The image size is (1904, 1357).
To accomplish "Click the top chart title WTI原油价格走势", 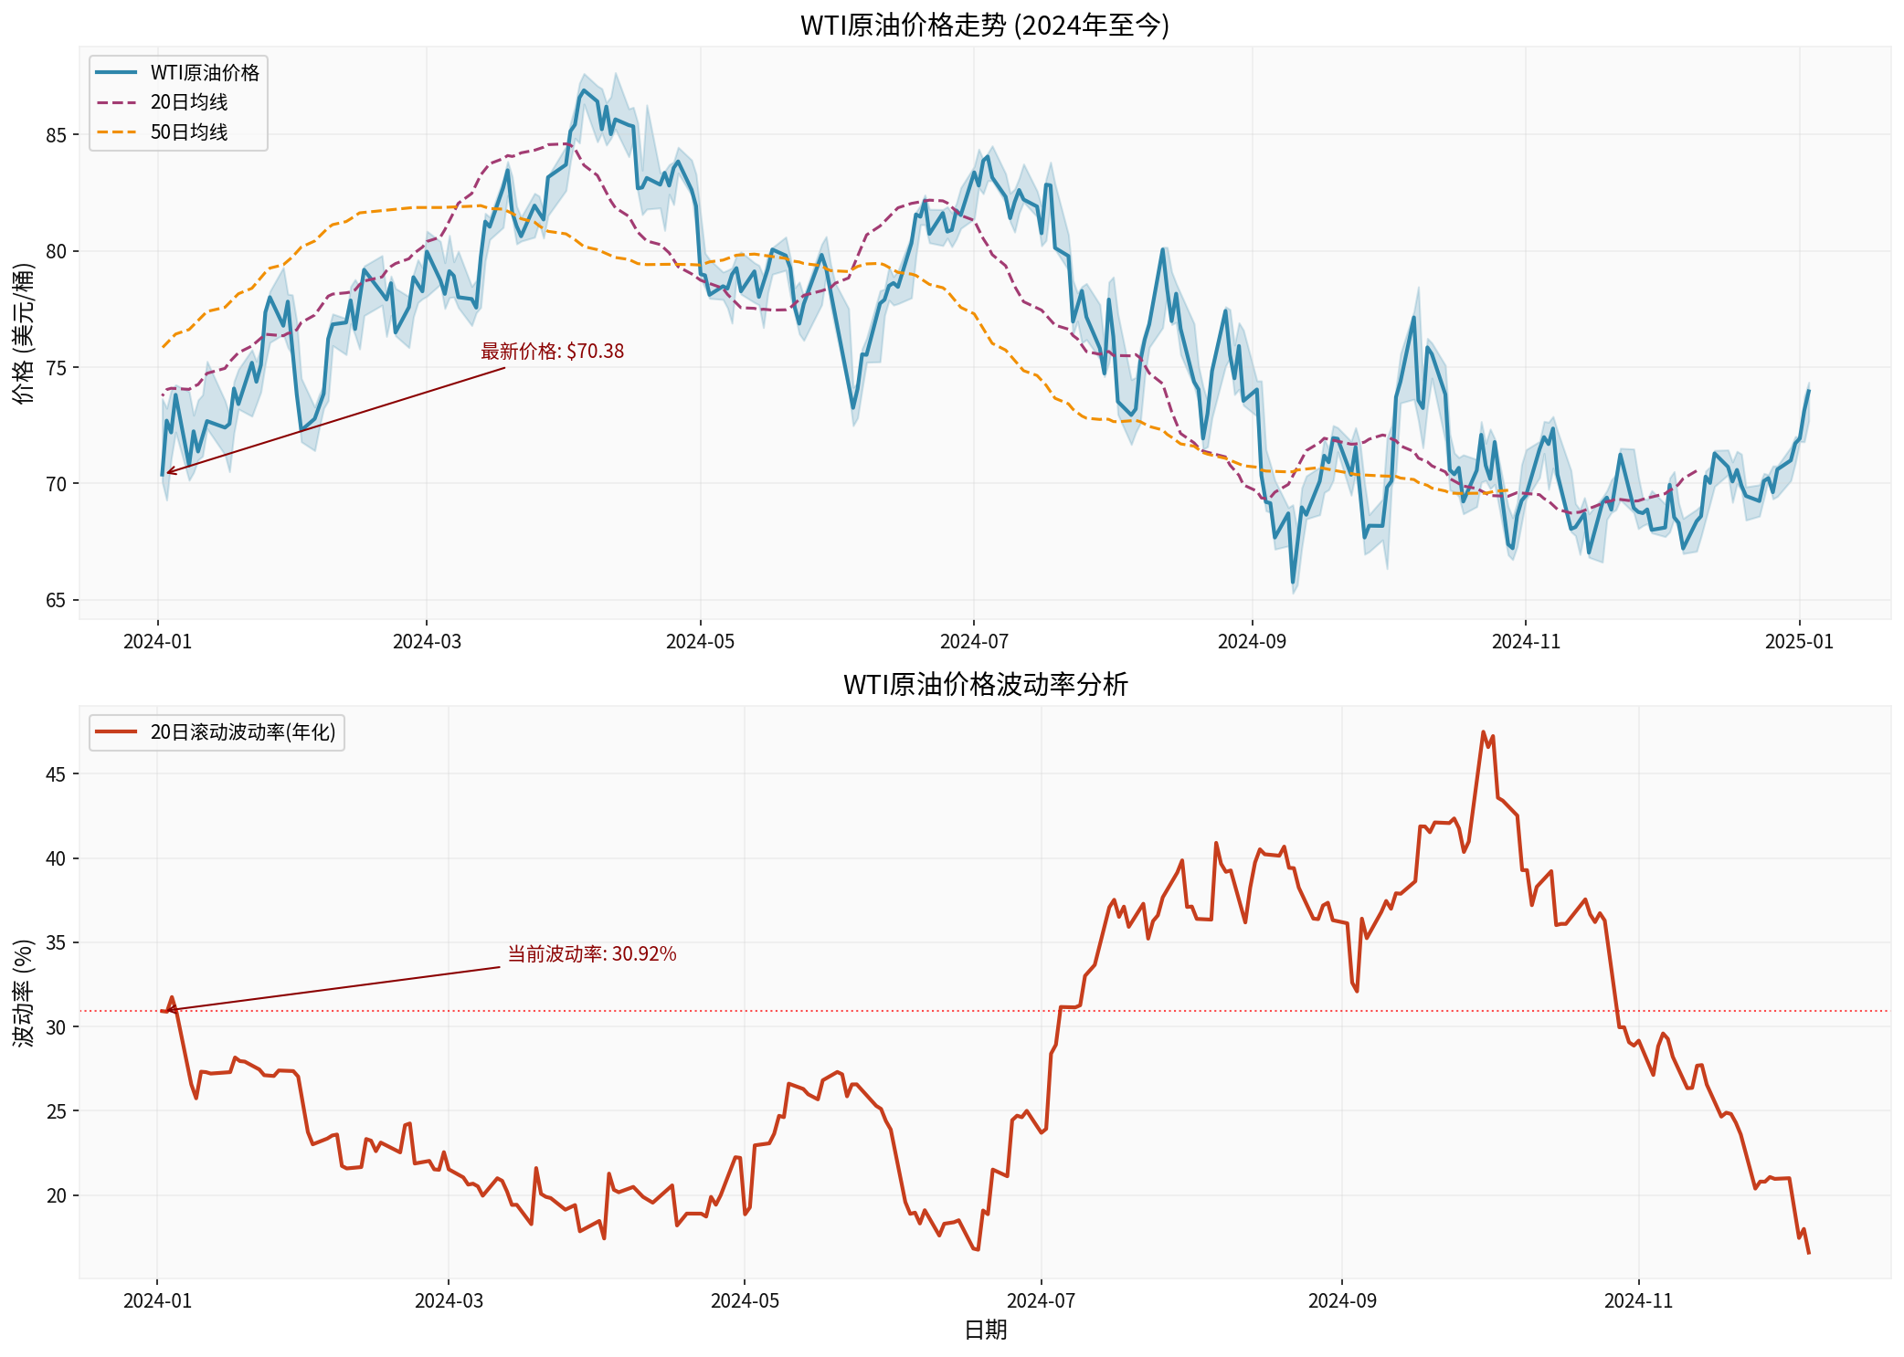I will pos(984,25).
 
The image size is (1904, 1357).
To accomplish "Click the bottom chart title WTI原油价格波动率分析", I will pos(985,684).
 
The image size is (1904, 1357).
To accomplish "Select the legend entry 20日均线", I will pos(189,102).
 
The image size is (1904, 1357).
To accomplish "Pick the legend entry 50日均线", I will pos(189,132).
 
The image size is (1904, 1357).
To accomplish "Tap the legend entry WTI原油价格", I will pos(205,73).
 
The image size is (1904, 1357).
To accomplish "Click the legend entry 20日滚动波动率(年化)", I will pos(243,732).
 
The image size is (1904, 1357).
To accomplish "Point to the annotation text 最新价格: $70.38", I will pos(552,352).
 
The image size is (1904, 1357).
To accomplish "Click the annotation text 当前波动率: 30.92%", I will pos(591,954).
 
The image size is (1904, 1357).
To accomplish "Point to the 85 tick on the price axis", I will pos(57,135).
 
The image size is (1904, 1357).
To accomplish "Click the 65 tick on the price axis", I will pos(57,600).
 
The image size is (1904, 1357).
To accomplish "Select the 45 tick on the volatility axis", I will pos(57,774).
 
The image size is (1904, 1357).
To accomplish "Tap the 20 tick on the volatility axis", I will pos(57,1195).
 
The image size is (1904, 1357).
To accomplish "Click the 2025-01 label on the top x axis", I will pos(1799,642).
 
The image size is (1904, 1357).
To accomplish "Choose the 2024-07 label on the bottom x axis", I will pos(1041,1300).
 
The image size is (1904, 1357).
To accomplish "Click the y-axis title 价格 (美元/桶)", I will pos(24,333).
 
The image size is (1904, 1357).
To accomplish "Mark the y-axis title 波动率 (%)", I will pos(24,993).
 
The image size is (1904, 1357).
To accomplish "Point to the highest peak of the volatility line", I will pos(1483,732).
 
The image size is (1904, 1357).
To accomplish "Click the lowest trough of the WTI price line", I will pos(1293,583).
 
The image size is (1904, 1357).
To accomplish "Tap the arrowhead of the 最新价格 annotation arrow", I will pos(167,472).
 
